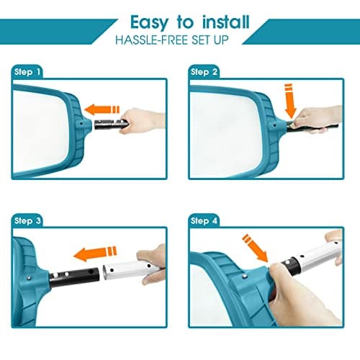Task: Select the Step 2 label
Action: click(204, 71)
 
